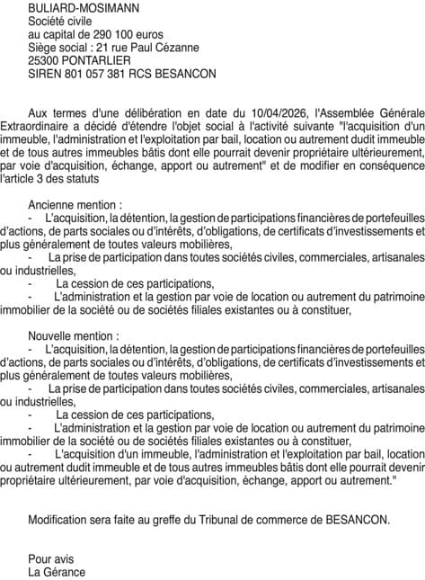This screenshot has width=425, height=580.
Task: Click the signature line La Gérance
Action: (x=57, y=572)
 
